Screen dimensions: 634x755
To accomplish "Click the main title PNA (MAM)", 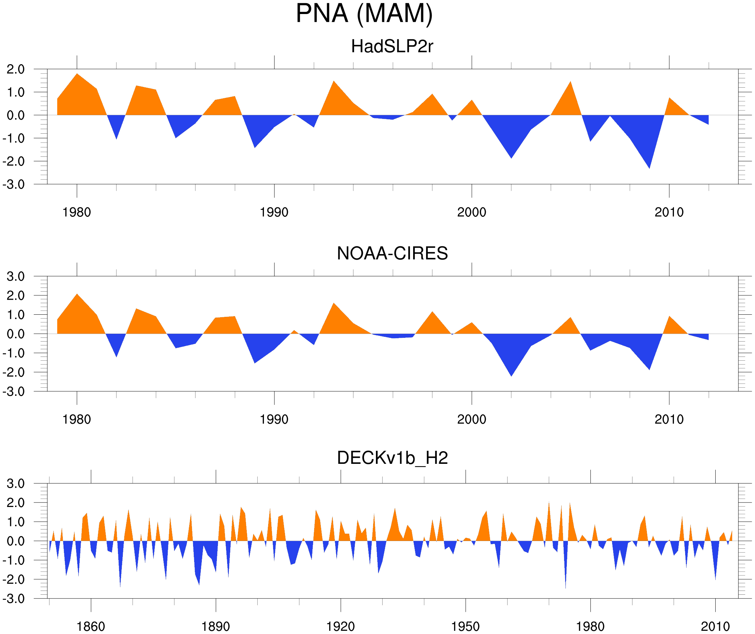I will click(x=364, y=14).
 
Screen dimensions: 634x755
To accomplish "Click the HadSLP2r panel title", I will click(x=392, y=46).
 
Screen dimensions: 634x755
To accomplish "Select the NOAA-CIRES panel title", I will click(x=392, y=253).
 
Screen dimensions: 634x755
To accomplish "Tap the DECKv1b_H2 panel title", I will click(x=392, y=458).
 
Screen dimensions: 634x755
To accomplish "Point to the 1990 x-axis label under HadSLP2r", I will click(x=274, y=212).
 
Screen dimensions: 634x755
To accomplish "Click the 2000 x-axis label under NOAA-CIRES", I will click(x=471, y=419).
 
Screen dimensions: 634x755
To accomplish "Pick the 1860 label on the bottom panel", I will click(x=91, y=626).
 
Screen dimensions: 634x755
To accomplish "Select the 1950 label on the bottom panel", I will click(x=465, y=626).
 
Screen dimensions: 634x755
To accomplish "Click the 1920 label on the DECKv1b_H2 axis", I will click(x=340, y=626).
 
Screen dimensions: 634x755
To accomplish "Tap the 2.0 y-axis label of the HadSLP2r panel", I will click(x=15, y=69).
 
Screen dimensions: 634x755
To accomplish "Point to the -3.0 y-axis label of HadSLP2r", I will click(x=13, y=185).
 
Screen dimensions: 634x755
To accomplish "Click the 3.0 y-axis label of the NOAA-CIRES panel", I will click(x=15, y=277).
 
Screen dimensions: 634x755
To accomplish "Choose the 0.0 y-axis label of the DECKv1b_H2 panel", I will click(x=15, y=541).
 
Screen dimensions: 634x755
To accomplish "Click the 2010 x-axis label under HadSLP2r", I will click(x=669, y=212).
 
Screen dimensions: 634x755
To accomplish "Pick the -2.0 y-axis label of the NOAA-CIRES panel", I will click(x=13, y=373).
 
